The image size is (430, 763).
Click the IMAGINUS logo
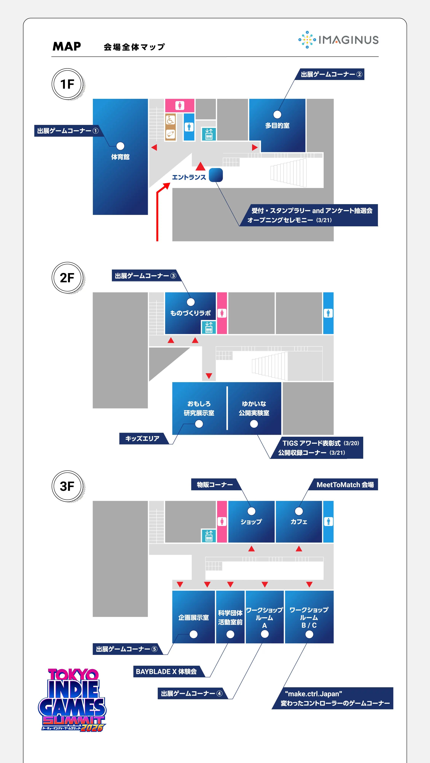(x=338, y=40)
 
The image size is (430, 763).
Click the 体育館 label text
(x=120, y=157)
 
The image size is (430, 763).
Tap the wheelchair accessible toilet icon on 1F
(x=170, y=120)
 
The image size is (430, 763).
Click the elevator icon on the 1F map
(x=209, y=134)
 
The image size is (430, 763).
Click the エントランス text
(x=189, y=177)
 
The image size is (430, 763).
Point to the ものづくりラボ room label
(x=190, y=313)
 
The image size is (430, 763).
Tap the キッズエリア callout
(x=142, y=438)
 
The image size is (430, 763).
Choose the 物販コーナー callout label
(x=215, y=485)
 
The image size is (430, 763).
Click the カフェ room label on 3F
(x=299, y=522)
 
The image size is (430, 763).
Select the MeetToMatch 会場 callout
(x=345, y=485)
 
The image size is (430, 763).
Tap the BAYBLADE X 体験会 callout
(x=166, y=671)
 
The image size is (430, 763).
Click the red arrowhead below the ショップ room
(x=252, y=549)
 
